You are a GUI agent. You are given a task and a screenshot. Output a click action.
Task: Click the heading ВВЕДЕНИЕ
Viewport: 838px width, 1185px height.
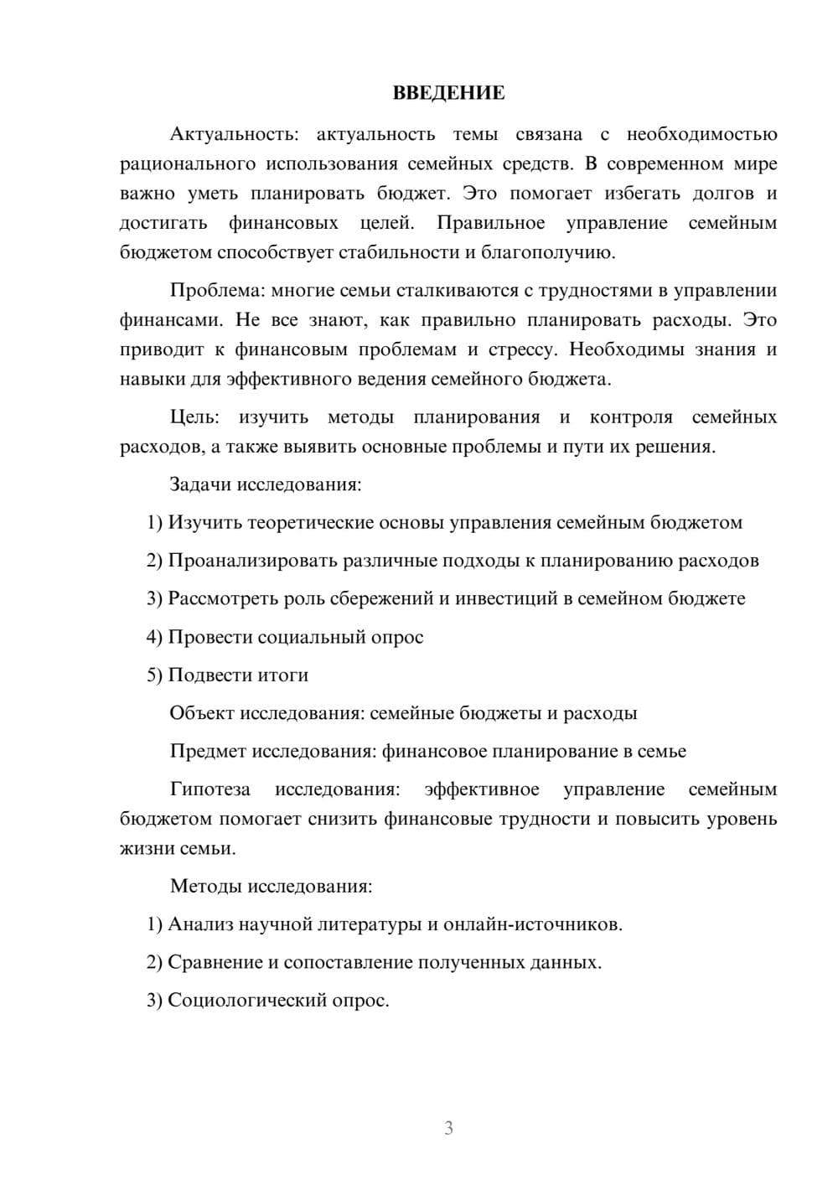pos(448,93)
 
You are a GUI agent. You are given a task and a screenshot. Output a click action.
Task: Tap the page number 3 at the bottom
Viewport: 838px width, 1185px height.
pos(448,1128)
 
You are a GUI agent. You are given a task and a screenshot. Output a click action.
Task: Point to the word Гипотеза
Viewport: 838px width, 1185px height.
pos(209,789)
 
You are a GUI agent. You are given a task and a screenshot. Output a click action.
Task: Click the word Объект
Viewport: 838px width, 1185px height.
pos(202,713)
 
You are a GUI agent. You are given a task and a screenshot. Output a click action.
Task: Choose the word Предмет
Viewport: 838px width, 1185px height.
pos(208,751)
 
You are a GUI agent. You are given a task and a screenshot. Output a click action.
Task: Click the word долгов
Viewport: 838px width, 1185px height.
pos(723,194)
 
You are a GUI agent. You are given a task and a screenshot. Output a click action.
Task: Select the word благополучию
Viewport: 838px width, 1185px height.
pos(548,252)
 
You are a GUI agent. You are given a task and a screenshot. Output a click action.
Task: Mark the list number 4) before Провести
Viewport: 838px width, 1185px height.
pos(154,637)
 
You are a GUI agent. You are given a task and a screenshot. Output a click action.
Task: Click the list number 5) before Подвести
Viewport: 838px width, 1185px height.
pos(154,675)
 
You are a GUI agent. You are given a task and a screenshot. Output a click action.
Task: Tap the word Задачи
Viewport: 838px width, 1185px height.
pos(200,484)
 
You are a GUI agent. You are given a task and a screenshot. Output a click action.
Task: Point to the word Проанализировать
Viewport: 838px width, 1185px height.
pos(253,561)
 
